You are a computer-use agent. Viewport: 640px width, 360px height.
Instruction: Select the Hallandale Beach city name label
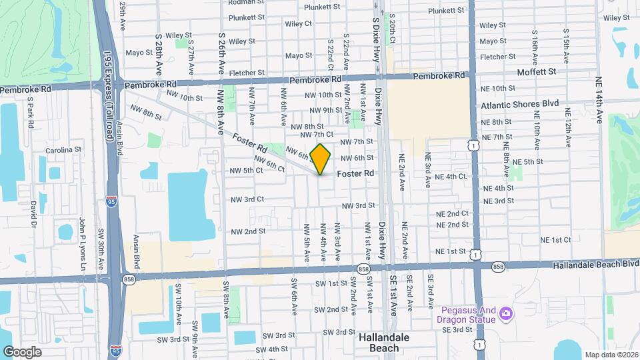tap(389, 343)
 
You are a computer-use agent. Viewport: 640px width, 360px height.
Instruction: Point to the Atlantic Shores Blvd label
tap(519, 105)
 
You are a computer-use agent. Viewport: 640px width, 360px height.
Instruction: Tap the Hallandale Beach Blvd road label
tap(595, 265)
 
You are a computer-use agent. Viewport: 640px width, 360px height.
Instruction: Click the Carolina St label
tap(63, 151)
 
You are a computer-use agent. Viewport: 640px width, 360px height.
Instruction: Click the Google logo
tap(22, 351)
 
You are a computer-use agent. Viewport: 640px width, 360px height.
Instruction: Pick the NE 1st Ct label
tap(555, 239)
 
